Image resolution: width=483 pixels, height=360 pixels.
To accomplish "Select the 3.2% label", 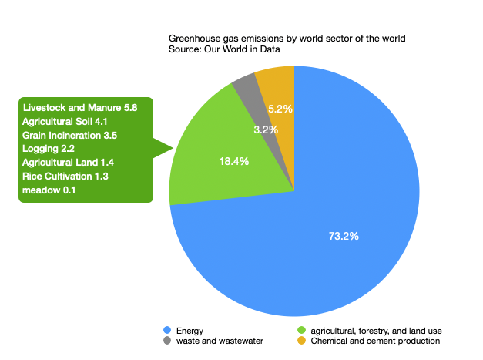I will (265, 130).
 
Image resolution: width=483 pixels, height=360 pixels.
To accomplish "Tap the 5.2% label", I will (280, 109).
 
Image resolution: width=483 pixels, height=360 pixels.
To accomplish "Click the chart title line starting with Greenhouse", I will (287, 39).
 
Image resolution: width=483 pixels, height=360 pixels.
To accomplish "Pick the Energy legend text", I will (190, 331).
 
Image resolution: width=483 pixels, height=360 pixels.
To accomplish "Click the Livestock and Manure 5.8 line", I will (80, 109).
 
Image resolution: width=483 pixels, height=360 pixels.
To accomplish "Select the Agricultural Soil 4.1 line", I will (69, 123).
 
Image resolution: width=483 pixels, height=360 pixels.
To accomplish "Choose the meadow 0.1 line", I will (49, 191).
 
